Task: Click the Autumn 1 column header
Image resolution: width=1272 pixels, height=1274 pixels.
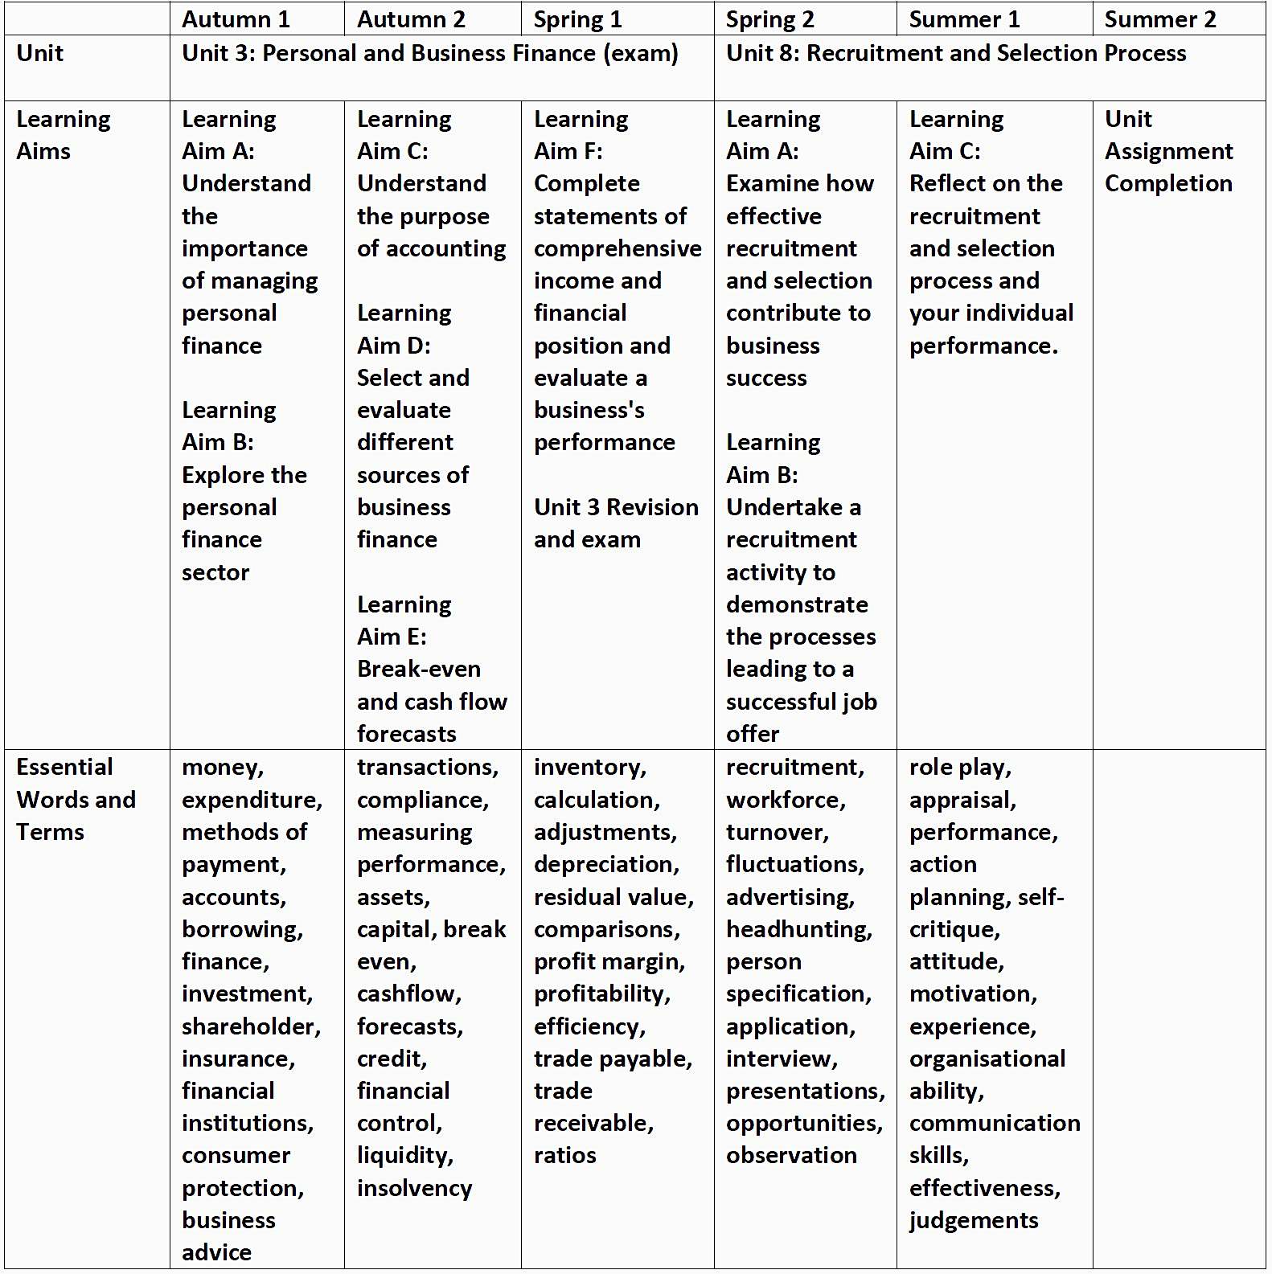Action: (x=236, y=19)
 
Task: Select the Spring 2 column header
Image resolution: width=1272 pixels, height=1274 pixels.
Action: (x=769, y=19)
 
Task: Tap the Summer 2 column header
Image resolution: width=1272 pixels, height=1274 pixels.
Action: (x=1159, y=19)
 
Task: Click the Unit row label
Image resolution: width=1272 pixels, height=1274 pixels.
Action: (x=39, y=53)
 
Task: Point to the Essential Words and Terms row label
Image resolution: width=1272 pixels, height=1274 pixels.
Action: (x=76, y=799)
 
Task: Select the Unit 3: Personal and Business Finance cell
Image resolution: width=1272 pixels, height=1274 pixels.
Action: (x=430, y=53)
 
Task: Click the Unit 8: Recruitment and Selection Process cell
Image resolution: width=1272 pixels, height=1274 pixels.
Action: (x=956, y=53)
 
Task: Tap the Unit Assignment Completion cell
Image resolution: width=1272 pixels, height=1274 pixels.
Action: (x=1168, y=151)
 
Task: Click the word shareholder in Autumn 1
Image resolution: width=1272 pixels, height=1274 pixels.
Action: (x=250, y=1026)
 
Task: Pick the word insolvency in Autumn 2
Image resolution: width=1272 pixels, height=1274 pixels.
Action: (x=414, y=1188)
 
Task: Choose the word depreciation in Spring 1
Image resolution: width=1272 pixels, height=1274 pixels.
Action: (x=605, y=864)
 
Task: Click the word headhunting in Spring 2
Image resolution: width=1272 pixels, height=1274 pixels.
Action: (x=798, y=929)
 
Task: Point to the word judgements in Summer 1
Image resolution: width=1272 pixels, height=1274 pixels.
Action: (x=974, y=1220)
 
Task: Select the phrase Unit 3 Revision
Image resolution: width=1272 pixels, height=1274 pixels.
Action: (x=616, y=507)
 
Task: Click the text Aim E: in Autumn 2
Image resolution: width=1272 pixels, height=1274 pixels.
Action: (x=392, y=637)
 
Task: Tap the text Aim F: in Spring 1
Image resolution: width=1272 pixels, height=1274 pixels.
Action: (x=568, y=151)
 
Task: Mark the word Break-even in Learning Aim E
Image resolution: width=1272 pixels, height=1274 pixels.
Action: (x=418, y=669)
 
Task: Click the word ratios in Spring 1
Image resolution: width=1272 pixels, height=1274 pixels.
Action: (x=564, y=1155)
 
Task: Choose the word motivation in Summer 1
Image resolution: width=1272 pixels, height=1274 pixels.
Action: (x=972, y=993)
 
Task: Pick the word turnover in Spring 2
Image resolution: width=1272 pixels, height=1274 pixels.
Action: (x=776, y=832)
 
